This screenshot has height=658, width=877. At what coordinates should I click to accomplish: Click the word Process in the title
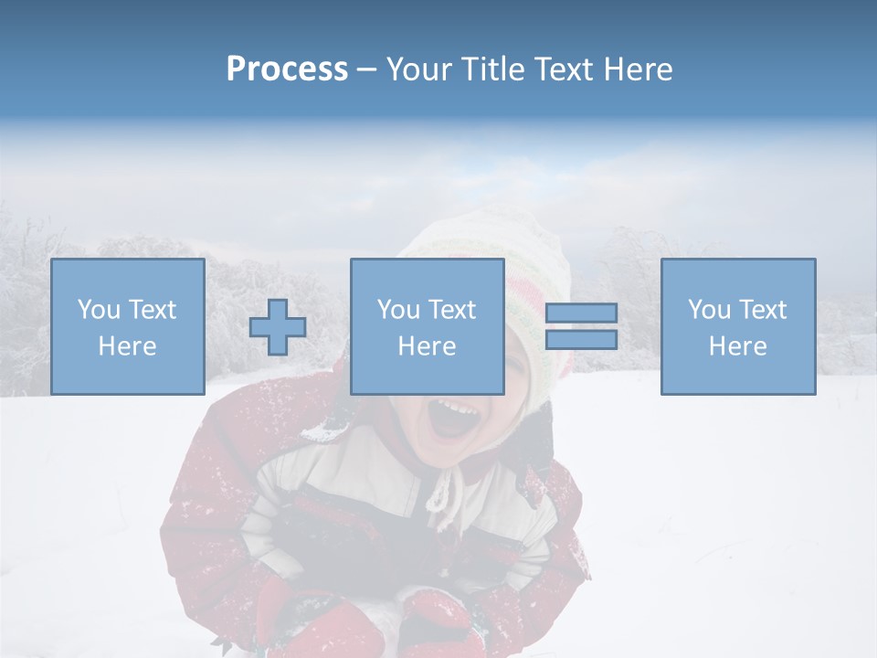(x=287, y=69)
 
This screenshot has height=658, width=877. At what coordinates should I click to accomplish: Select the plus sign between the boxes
(x=278, y=327)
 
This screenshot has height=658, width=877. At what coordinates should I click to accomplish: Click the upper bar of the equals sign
(x=581, y=313)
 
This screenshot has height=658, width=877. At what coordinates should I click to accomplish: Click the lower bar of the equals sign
(x=581, y=339)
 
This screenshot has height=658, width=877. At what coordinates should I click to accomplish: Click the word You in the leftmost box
(x=99, y=310)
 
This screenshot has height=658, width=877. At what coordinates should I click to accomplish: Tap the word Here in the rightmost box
(x=738, y=346)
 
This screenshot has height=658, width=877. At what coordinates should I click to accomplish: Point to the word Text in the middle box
(x=452, y=310)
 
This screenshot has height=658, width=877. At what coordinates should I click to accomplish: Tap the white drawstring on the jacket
(x=442, y=498)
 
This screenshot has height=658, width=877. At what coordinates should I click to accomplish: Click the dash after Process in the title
(x=367, y=69)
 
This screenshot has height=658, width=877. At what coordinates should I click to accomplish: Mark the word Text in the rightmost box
(x=763, y=310)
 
